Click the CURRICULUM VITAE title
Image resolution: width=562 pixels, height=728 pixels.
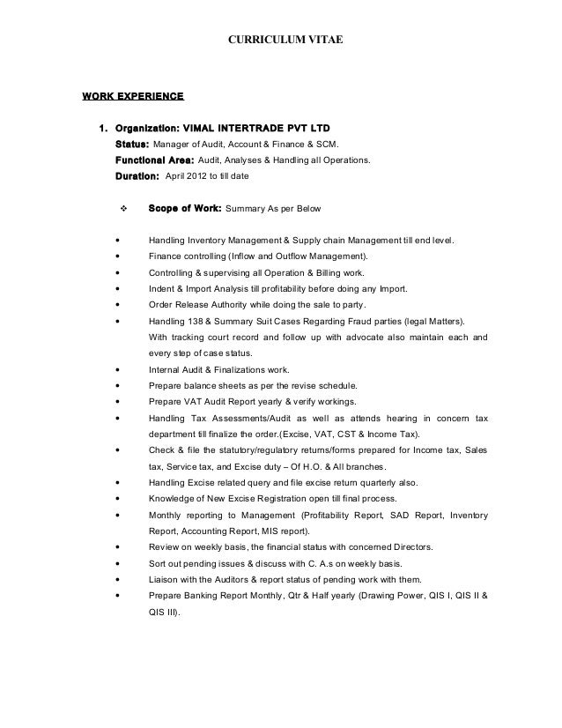coord(280,40)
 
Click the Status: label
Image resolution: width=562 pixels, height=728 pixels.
coord(132,144)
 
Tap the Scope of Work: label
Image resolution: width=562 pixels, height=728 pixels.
coord(185,210)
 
